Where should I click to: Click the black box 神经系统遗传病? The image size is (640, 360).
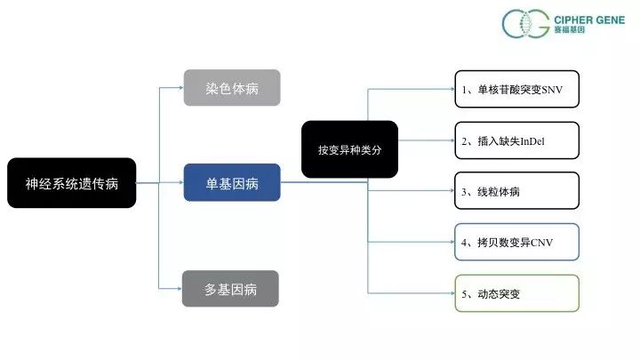pyautogui.click(x=72, y=183)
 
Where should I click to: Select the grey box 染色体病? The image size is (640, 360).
pyautogui.click(x=231, y=87)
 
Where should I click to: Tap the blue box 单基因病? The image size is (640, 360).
pyautogui.click(x=231, y=183)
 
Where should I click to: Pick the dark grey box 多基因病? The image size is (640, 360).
pyautogui.click(x=231, y=289)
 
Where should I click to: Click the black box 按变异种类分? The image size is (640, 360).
pyautogui.click(x=349, y=149)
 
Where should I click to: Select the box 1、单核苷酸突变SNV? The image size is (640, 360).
pyautogui.click(x=516, y=89)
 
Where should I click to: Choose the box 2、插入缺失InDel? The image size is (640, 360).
pyautogui.click(x=516, y=140)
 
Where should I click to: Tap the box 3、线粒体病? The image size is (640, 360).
pyautogui.click(x=516, y=190)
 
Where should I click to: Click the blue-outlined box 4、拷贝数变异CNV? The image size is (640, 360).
pyautogui.click(x=516, y=242)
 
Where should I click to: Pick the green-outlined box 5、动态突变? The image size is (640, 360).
pyautogui.click(x=516, y=292)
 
